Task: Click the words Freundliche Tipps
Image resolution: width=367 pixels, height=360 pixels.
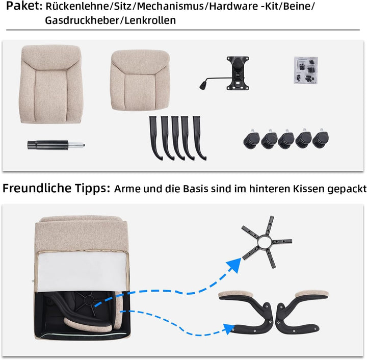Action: tap(56, 188)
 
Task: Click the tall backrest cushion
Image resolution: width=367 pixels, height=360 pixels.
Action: tap(51, 84)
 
